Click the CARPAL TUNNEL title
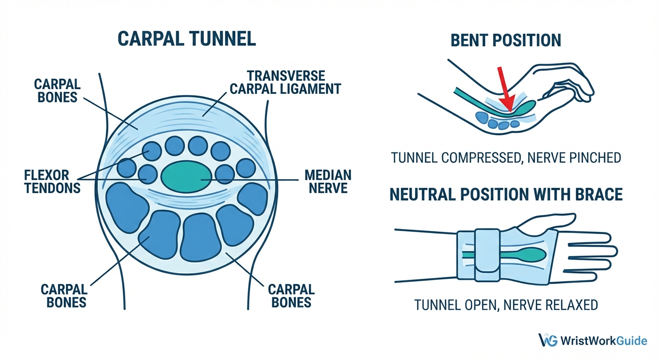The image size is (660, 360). [186, 38]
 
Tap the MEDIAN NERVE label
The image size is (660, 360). [328, 182]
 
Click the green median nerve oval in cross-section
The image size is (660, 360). [186, 176]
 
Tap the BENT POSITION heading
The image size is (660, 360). [505, 40]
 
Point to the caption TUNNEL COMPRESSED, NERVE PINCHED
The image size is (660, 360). [506, 157]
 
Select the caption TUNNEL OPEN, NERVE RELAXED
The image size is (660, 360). [506, 305]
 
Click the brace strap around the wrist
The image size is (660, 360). [487, 255]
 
